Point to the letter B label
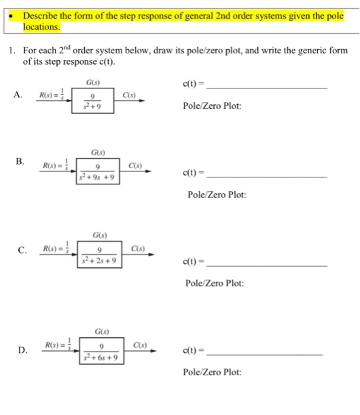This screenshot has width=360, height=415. (20, 161)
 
